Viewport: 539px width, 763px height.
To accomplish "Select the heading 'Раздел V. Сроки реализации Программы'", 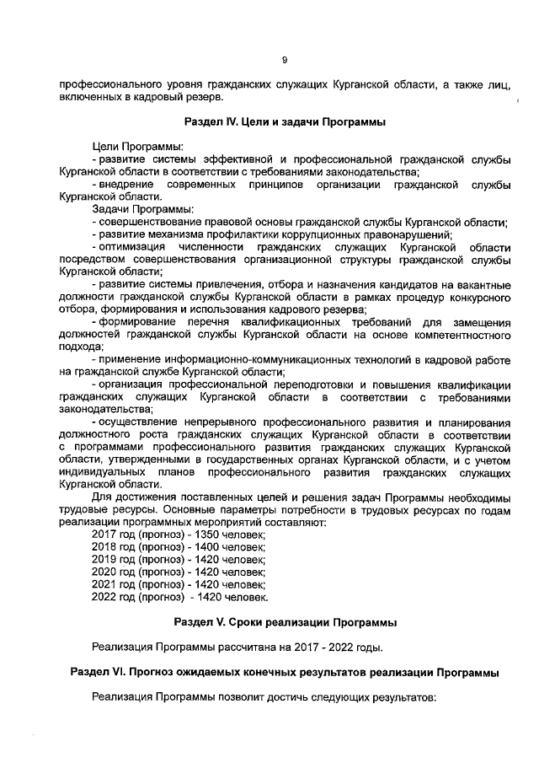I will click(285, 622).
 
